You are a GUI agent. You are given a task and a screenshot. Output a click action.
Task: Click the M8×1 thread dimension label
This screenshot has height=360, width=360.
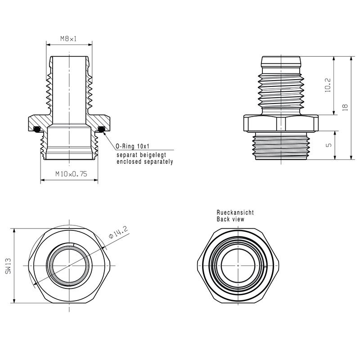pyautogui.click(x=69, y=39)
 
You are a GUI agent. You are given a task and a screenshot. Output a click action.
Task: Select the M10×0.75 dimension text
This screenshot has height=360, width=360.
pyautogui.click(x=71, y=174)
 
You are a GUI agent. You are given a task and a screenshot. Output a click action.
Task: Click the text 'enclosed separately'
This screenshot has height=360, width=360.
pyautogui.click(x=144, y=161)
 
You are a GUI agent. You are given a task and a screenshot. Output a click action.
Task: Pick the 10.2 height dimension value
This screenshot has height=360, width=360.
pyautogui.click(x=328, y=85)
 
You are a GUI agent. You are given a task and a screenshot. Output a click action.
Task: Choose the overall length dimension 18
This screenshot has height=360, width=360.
pyautogui.click(x=345, y=107)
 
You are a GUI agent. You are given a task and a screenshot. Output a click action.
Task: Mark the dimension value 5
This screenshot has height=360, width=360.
pyautogui.click(x=328, y=145)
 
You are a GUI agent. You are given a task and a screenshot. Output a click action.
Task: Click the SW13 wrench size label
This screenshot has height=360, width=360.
pyautogui.click(x=8, y=265)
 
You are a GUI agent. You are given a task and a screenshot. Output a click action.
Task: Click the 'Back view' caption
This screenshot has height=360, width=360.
pyautogui.click(x=230, y=219)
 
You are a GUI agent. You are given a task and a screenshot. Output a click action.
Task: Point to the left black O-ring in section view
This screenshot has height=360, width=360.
pyautogui.click(x=38, y=130)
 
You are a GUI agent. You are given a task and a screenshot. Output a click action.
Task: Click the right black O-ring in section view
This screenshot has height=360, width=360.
pyautogui.click(x=101, y=130)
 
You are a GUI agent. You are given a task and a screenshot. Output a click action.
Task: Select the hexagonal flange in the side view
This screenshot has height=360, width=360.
pyautogui.click(x=281, y=123)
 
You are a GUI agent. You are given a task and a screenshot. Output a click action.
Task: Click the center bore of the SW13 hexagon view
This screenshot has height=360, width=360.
pyautogui.click(x=69, y=265)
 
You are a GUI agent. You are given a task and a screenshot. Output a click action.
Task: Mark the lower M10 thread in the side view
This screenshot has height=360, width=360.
pyautogui.click(x=281, y=146)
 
